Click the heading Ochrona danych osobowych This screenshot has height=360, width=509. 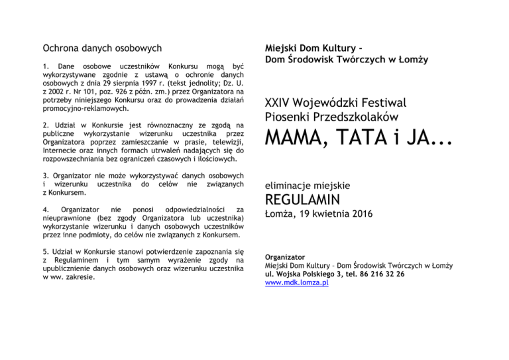click(102, 48)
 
